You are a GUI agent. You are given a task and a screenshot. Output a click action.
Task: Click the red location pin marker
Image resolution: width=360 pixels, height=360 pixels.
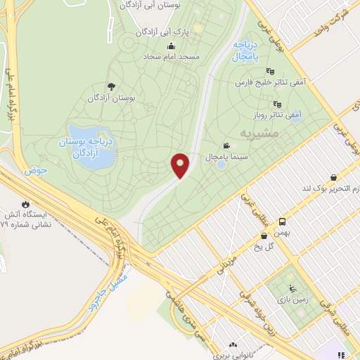181,165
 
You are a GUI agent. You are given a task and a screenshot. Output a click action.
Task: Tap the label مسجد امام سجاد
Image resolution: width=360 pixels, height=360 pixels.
172,56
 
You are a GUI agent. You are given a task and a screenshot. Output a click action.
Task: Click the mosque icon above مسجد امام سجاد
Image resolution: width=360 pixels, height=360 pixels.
171,46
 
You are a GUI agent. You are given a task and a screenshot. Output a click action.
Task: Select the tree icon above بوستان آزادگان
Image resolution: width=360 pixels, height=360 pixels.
111,86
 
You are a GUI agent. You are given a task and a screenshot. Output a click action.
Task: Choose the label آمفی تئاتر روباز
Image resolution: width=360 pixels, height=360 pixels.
276,113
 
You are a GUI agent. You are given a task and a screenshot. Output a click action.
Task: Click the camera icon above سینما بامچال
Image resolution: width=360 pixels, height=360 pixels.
226,145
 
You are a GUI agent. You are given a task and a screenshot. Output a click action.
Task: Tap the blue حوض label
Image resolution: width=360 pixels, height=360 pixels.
34,170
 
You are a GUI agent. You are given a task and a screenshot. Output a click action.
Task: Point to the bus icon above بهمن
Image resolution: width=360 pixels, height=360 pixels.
281,221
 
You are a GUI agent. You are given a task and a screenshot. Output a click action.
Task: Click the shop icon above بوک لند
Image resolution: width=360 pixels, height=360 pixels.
332,178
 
